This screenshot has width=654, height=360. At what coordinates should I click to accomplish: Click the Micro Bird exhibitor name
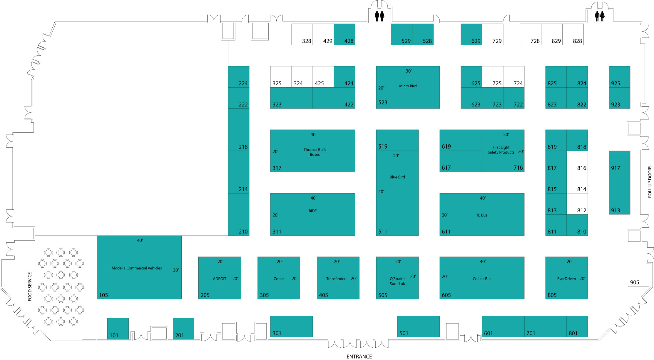(x=408, y=86)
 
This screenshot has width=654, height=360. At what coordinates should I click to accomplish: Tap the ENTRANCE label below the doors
(x=359, y=356)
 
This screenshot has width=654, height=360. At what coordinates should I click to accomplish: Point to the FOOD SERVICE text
(x=30, y=287)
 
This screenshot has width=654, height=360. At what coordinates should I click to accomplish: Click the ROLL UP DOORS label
(x=650, y=181)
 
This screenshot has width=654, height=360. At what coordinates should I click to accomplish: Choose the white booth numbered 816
(x=577, y=161)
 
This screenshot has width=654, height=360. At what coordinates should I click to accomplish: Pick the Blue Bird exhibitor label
(x=397, y=177)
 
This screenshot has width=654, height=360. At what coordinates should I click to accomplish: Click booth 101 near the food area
(x=118, y=329)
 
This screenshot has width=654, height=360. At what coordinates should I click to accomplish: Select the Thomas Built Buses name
(x=315, y=152)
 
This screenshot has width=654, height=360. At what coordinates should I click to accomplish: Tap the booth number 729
(x=497, y=41)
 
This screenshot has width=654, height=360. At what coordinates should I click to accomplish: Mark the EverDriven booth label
(x=566, y=279)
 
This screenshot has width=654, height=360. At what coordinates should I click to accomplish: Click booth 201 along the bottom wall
(x=183, y=329)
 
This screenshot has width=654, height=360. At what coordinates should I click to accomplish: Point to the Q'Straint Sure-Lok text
(x=397, y=281)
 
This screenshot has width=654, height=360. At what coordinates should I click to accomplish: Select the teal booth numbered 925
(x=620, y=77)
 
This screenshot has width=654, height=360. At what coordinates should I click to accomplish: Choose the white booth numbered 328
(x=302, y=34)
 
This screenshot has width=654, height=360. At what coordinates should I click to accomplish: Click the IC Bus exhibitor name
(x=482, y=215)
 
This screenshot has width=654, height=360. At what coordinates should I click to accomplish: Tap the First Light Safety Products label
(x=501, y=150)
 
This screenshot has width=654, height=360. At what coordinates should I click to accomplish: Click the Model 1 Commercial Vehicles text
(x=137, y=268)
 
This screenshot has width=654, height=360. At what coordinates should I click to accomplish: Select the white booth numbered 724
(x=514, y=77)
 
